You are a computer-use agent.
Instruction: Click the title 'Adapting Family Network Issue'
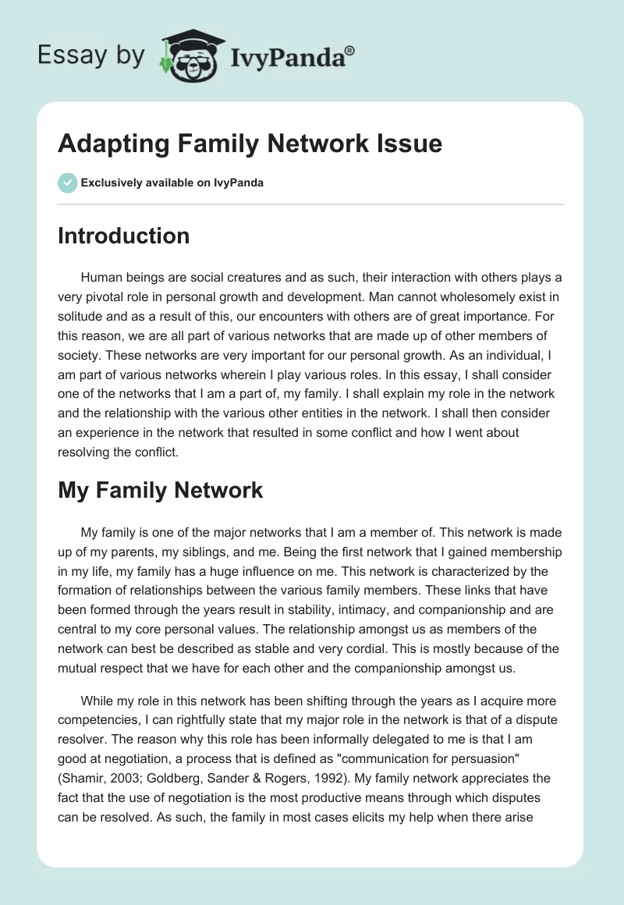250,144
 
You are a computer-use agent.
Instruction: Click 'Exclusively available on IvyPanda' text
172,183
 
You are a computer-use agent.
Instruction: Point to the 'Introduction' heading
124,236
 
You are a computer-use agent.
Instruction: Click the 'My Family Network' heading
161,490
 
